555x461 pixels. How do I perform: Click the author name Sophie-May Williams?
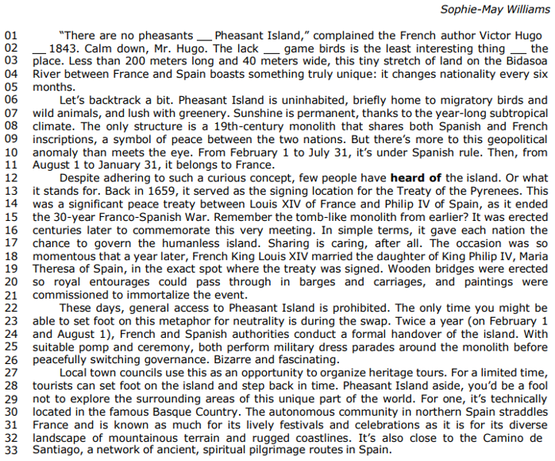pos(493,10)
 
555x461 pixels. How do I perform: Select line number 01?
pos(10,36)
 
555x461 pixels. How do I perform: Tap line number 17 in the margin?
pos(10,242)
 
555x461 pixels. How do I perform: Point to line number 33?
pos(10,449)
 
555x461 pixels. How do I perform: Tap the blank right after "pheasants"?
pos(204,36)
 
